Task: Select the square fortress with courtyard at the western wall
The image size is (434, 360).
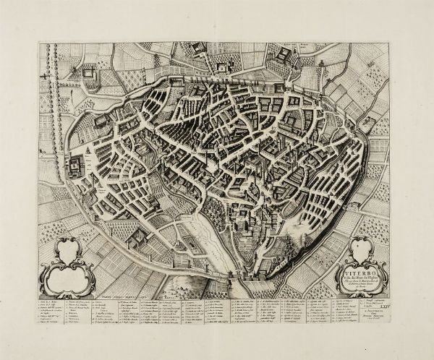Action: [x=75, y=164]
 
